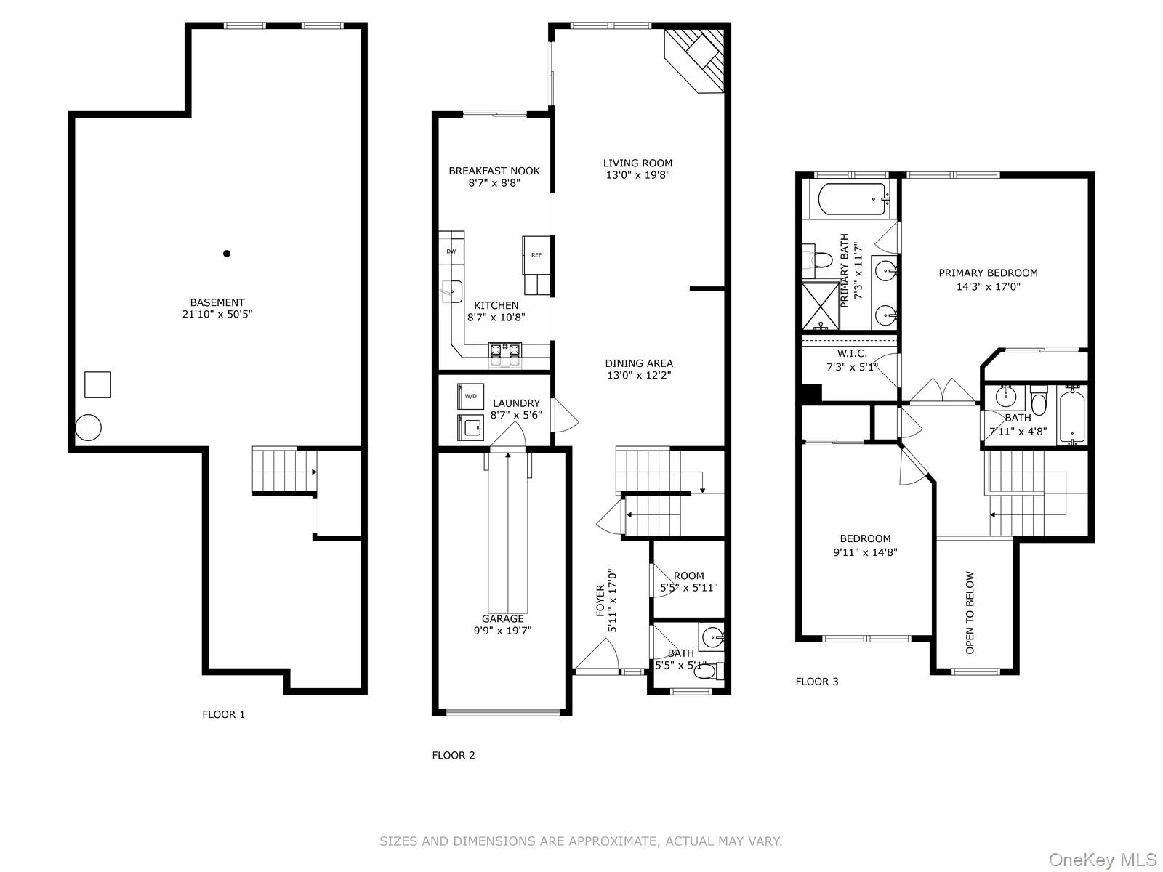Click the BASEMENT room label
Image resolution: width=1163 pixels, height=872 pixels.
(217, 302)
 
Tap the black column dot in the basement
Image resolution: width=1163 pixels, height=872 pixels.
(227, 254)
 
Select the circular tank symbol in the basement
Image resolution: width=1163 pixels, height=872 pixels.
(89, 427)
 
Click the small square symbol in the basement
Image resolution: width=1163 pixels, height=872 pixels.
(97, 384)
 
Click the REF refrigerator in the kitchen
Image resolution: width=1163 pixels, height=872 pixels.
(536, 254)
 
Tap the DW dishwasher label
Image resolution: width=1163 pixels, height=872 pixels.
(451, 251)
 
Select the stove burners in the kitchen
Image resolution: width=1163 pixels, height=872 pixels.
(504, 351)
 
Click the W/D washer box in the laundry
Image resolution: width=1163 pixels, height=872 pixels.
(470, 396)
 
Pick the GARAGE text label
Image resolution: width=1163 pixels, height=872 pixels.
(503, 618)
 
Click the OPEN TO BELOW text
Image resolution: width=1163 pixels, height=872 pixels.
(970, 612)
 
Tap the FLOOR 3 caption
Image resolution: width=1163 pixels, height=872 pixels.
(817, 682)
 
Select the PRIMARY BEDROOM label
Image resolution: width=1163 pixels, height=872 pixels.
(988, 273)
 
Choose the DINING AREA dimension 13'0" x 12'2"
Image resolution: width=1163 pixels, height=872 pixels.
(640, 376)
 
